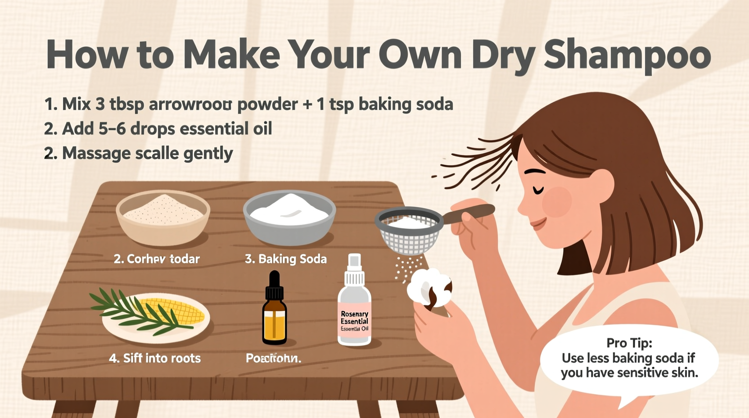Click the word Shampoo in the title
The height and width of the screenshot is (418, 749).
[627, 55]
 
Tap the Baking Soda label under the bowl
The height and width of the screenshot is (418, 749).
[286, 259]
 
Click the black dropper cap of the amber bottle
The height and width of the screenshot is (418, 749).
[274, 286]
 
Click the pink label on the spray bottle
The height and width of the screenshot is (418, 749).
[354, 320]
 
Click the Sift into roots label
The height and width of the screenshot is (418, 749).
[155, 359]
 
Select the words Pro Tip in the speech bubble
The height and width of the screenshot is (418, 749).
[629, 343]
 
